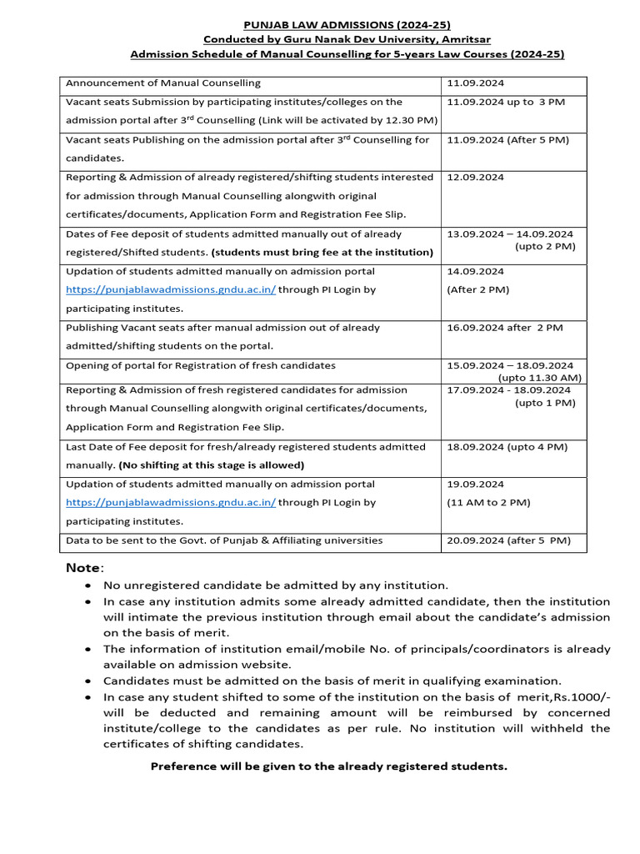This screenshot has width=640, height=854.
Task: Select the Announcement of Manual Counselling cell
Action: pyautogui.click(x=163, y=83)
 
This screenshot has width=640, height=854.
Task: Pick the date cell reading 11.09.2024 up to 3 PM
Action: pyautogui.click(x=506, y=102)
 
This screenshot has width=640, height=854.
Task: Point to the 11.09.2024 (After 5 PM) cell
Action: pyautogui.click(x=508, y=140)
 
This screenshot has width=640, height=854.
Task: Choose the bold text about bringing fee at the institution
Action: pyautogui.click(x=322, y=252)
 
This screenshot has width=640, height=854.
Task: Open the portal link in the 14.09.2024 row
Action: pyautogui.click(x=171, y=290)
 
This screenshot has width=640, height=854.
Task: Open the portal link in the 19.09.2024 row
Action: pyautogui.click(x=171, y=503)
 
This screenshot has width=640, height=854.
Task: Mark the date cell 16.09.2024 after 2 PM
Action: pyautogui.click(x=505, y=328)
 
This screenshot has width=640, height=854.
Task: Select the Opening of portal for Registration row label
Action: pyautogui.click(x=201, y=365)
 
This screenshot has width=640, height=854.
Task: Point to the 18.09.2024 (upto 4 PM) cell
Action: pyautogui.click(x=507, y=447)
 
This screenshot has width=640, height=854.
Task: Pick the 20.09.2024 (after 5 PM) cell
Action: pyautogui.click(x=509, y=540)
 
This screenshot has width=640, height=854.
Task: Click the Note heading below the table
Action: pyautogui.click(x=85, y=568)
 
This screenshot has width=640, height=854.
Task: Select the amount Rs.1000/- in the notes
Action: pyautogui.click(x=576, y=697)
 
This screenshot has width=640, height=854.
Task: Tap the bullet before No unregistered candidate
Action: pyautogui.click(x=87, y=586)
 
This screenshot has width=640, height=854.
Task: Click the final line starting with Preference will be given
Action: pyautogui.click(x=328, y=766)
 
